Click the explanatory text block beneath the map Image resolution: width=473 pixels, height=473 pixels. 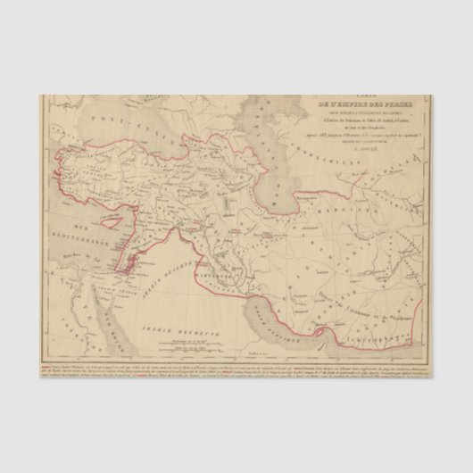click(236, 371)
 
